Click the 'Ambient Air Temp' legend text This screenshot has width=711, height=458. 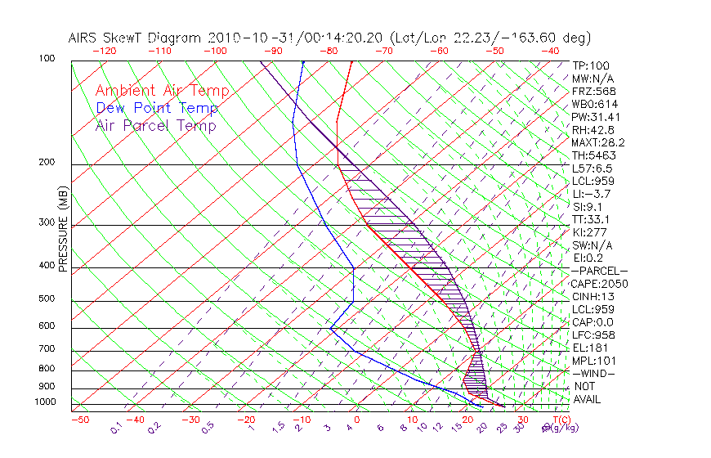162,91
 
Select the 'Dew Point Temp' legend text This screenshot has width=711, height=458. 156,108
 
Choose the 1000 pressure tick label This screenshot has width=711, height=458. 46,402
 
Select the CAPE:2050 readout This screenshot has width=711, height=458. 599,284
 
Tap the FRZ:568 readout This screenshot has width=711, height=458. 593,92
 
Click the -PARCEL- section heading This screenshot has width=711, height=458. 599,271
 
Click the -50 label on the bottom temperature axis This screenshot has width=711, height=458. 79,420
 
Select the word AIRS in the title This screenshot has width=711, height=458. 83,38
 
